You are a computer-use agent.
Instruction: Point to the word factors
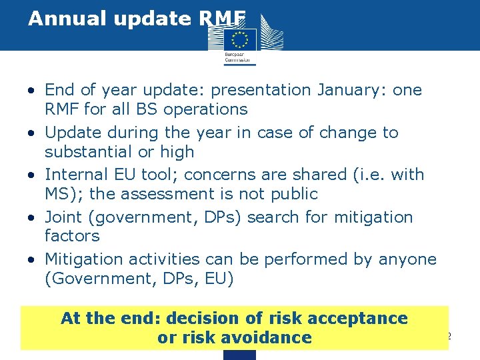72,236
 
